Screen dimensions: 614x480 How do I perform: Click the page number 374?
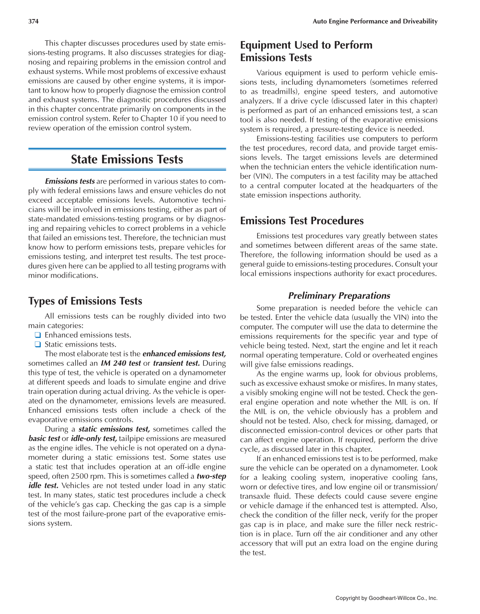33,22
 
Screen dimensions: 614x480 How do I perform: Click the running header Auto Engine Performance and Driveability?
375,22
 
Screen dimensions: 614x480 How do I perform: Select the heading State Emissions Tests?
127,159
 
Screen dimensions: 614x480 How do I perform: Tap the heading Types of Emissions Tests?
85,301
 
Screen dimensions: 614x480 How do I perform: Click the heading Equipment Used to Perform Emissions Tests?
306,51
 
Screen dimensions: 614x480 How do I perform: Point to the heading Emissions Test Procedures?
301,221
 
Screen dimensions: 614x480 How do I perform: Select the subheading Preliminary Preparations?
339,296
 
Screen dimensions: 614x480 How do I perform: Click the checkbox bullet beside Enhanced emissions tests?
37,335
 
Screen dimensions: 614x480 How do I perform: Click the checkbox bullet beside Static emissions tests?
37,345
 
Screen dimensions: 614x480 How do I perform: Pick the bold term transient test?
176,363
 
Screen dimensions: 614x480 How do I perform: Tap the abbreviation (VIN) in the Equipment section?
250,176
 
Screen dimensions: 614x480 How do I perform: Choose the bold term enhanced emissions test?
184,354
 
